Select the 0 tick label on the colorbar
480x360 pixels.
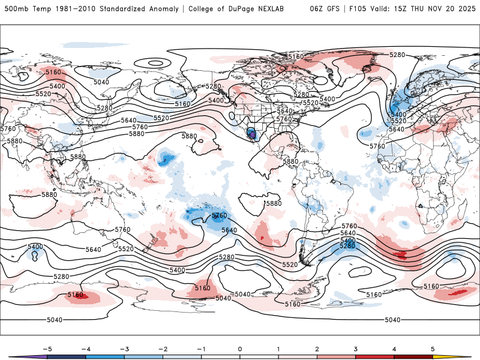pyautogui.click(x=240, y=348)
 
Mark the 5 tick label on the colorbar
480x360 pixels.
pyautogui.click(x=433, y=348)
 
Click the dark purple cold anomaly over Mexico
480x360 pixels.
pyautogui.click(x=251, y=133)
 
